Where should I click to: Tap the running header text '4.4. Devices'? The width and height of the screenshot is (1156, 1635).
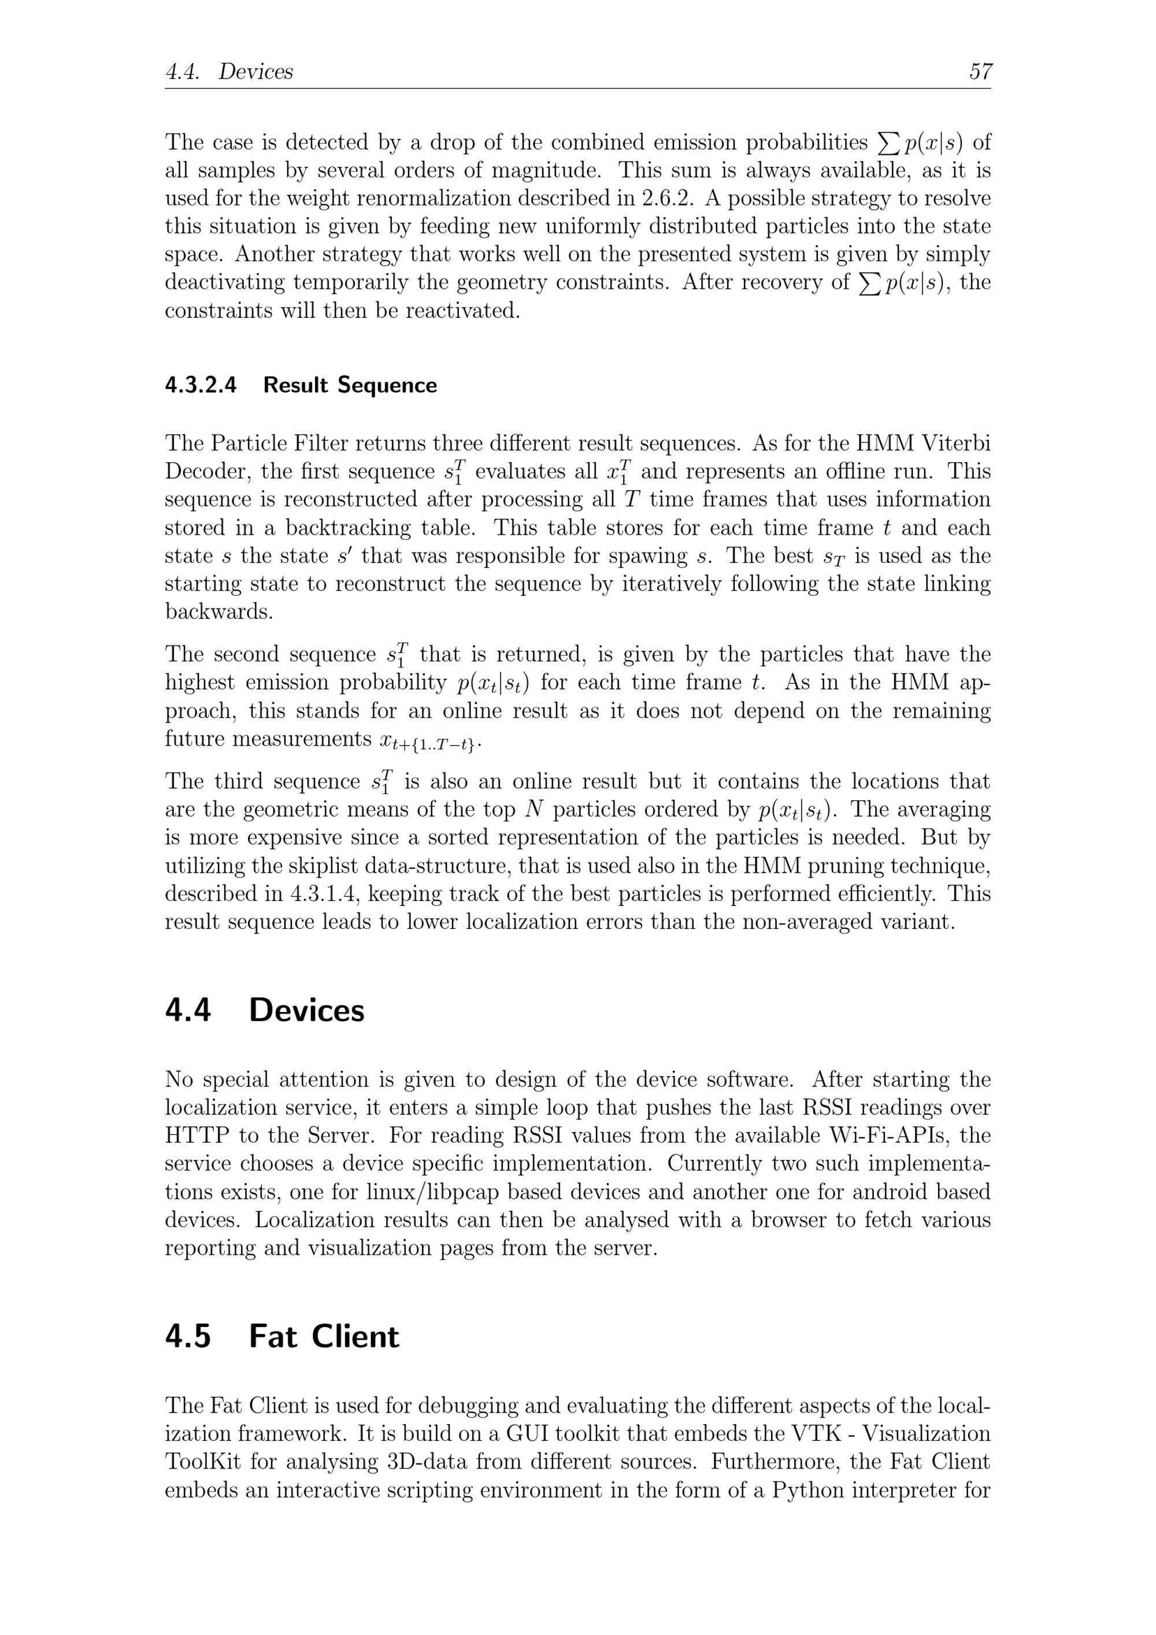[229, 72]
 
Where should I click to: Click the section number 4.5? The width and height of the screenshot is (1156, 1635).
[188, 1337]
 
